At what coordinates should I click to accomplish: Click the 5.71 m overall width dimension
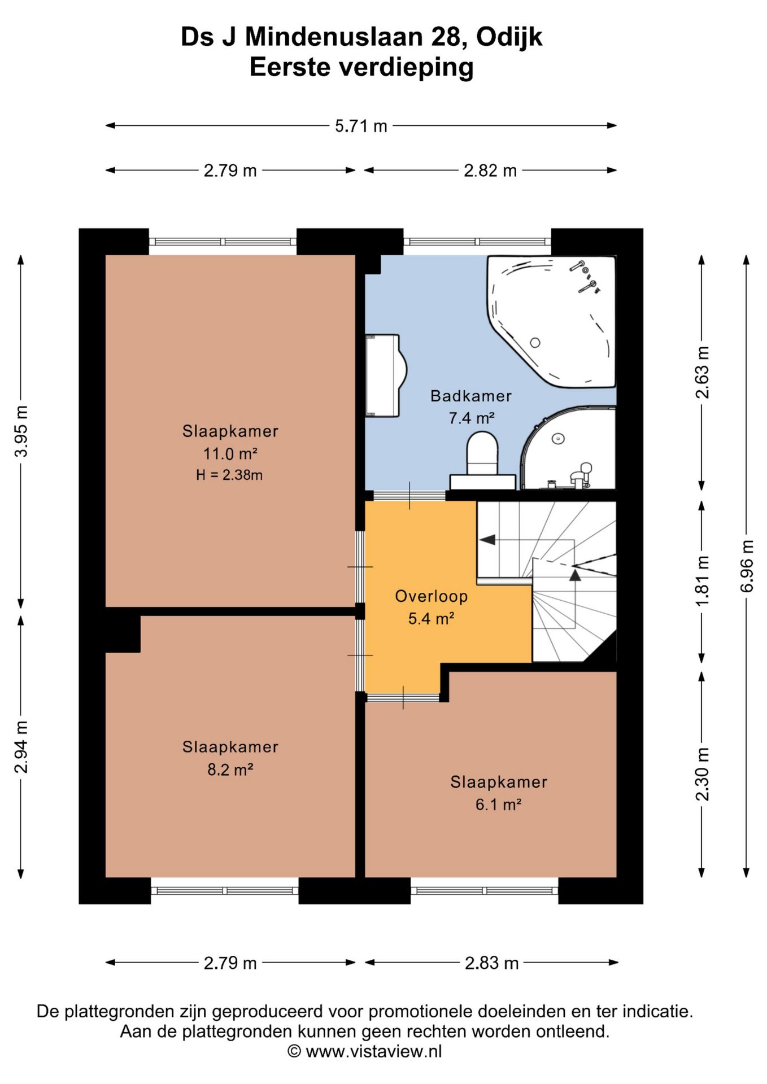point(361,126)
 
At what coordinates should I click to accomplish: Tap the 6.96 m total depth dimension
point(747,566)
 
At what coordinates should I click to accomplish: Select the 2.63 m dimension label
point(702,373)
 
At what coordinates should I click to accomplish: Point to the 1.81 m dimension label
point(702,582)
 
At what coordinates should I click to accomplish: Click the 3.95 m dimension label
point(21,431)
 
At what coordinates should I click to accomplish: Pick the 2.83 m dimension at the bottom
point(491,963)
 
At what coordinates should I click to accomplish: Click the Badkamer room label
point(471,396)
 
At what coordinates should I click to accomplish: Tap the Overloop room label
point(432,596)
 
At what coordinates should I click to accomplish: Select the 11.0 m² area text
point(230,453)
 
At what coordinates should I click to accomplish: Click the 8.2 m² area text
point(230,770)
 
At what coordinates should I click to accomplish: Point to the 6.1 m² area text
point(498,805)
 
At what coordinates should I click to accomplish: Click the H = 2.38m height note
point(229,475)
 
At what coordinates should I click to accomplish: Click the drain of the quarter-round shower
point(558,439)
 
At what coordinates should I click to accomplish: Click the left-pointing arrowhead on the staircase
point(487,540)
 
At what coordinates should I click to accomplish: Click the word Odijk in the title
point(509,37)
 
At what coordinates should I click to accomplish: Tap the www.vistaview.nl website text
point(373,1051)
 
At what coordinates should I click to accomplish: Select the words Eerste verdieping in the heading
point(361,67)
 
